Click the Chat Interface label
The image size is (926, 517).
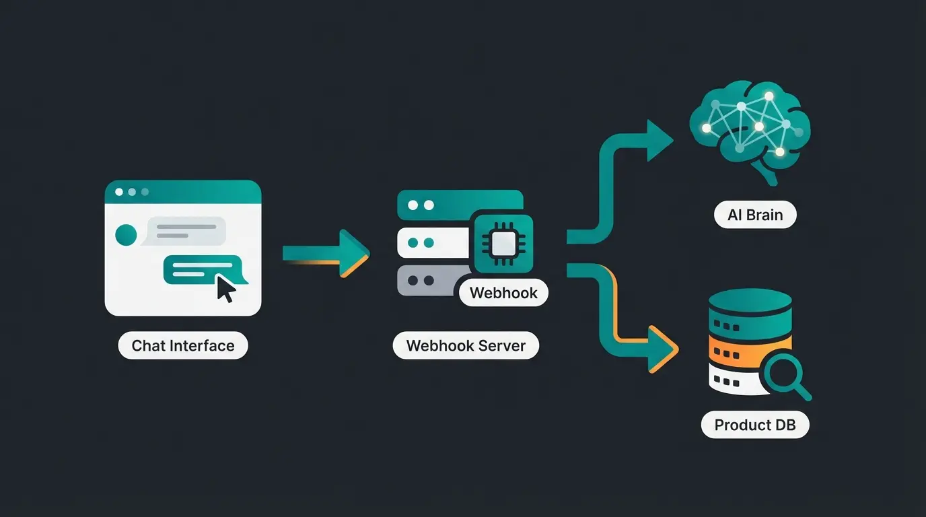(x=183, y=346)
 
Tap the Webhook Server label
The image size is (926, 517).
(x=466, y=346)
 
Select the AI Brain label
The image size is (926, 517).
(x=755, y=215)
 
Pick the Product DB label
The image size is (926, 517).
(x=755, y=425)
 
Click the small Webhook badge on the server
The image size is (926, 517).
(x=503, y=293)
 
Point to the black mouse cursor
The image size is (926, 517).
(x=225, y=289)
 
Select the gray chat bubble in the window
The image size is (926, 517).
(x=186, y=231)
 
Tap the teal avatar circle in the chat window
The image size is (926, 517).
(x=126, y=235)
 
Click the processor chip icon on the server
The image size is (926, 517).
(x=503, y=244)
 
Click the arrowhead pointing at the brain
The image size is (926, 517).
(x=658, y=140)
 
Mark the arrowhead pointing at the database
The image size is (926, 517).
(x=662, y=349)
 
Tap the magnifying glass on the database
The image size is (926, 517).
(x=785, y=374)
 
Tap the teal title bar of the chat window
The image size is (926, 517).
(x=183, y=192)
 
